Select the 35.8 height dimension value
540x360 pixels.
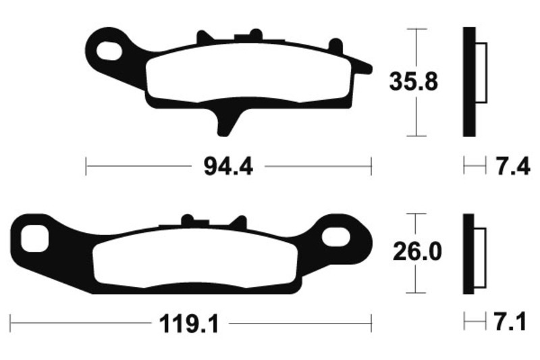[x=414, y=82]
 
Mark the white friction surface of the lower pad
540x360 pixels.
[x=196, y=260]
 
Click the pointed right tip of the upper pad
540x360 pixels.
[x=367, y=68]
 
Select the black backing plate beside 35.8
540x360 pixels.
[x=469, y=82]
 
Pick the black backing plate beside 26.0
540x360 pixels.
[x=468, y=254]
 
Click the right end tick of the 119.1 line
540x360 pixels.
[x=371, y=322]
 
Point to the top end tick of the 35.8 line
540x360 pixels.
[x=419, y=29]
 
